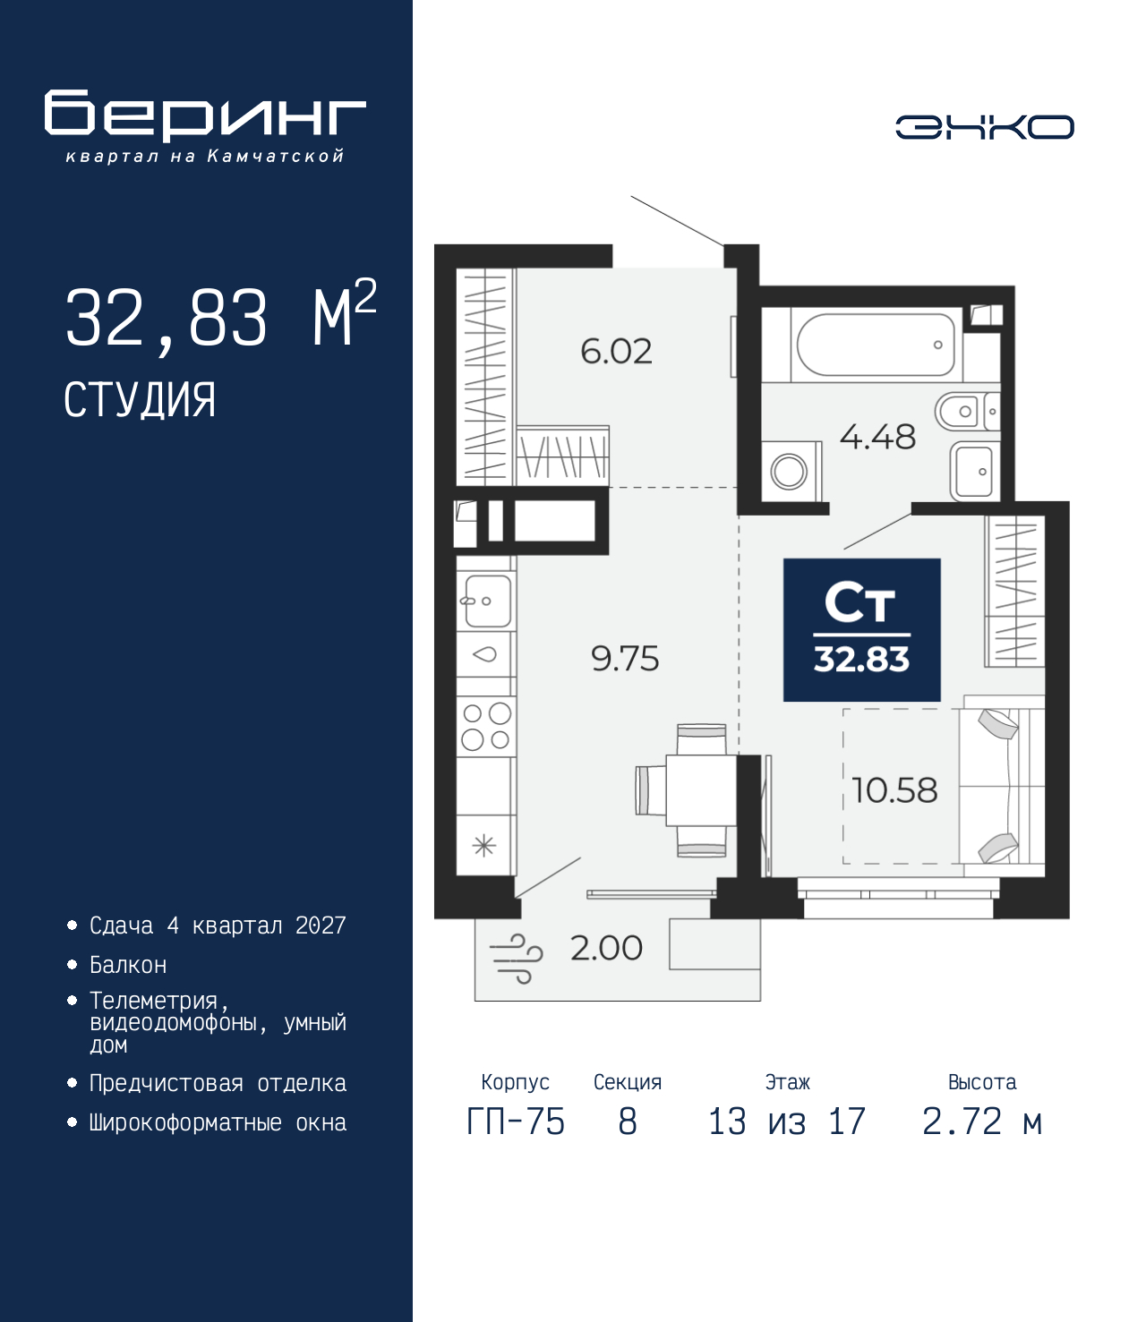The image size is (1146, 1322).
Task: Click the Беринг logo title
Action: [205, 115]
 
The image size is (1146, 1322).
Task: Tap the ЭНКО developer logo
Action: [984, 127]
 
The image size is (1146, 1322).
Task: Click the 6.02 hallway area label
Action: [616, 351]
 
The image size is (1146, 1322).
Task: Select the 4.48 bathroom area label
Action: [877, 437]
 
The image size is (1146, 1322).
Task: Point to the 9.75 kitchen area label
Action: [625, 659]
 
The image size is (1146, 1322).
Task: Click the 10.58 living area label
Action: [894, 790]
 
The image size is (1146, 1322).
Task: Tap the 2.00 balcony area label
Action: [606, 948]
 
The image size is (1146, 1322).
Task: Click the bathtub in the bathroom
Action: [875, 345]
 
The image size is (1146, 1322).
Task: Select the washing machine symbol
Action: [790, 471]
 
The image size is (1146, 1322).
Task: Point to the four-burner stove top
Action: [485, 726]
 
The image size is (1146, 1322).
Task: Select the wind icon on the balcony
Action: [517, 958]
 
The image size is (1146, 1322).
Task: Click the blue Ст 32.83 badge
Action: [861, 630]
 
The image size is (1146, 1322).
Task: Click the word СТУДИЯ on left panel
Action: [140, 400]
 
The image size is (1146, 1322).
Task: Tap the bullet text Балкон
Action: [128, 965]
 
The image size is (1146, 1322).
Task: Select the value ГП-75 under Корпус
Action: [516, 1122]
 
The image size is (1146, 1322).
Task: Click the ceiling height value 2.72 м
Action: [982, 1122]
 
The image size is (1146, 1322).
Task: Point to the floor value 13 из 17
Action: [787, 1122]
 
